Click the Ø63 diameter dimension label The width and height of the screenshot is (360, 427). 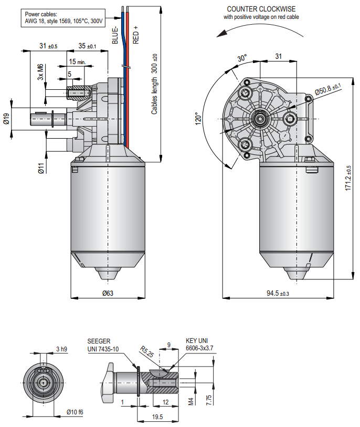108,293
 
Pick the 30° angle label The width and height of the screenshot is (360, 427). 241,59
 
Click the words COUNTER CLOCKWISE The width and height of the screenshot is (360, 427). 261,9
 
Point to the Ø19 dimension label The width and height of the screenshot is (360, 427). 6,119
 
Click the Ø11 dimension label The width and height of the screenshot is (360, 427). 40,168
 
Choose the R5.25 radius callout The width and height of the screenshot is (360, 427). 147,351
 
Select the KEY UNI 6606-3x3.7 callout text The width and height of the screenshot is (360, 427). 199,344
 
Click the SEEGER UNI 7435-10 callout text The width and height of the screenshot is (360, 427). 103,345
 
